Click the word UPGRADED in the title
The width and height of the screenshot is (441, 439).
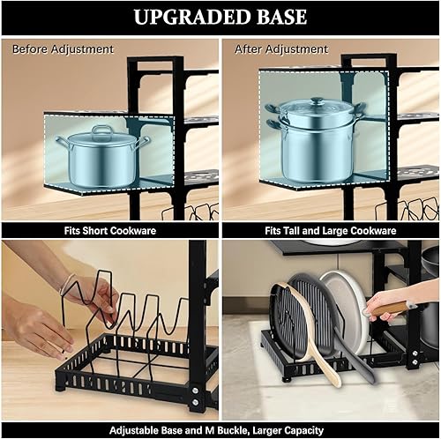192,17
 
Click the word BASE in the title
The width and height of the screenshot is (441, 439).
282,17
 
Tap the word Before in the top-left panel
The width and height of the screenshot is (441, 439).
30,49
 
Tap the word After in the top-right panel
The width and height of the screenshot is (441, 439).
248,49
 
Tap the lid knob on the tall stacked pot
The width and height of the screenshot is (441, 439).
318,101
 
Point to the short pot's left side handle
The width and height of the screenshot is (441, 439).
63,142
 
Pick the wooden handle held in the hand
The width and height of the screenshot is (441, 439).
391,309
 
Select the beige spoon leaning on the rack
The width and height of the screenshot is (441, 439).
306,329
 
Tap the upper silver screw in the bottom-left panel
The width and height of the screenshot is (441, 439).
194,391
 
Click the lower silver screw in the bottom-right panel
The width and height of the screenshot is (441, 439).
414,362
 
